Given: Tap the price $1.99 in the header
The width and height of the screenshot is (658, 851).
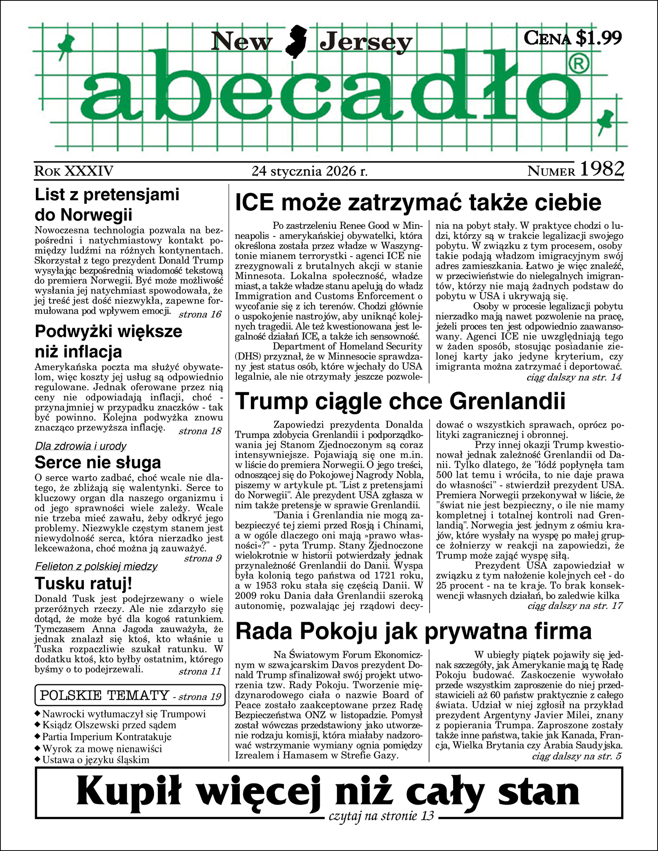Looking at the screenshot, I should click(598, 38).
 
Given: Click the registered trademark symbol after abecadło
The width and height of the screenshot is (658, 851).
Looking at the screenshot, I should click(579, 65).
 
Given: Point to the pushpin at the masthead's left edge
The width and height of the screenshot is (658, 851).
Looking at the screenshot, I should click(67, 44).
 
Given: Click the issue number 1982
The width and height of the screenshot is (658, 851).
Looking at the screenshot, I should click(601, 169).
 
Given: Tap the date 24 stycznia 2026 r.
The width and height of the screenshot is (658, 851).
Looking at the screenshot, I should click(310, 171).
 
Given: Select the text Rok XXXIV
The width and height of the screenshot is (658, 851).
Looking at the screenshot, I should click(74, 171).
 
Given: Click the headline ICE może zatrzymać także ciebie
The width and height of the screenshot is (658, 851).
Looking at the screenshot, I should click(418, 203).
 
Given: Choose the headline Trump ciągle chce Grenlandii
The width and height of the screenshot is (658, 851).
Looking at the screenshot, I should click(400, 401).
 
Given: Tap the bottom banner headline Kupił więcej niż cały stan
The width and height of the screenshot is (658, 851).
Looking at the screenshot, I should click(328, 790).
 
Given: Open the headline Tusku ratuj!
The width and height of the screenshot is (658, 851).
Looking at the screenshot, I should click(83, 584).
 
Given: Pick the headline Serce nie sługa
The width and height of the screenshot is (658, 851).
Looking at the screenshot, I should click(98, 462).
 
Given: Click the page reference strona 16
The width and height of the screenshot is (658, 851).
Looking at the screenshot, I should click(200, 314).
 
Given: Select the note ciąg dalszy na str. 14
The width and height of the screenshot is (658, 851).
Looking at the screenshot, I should click(574, 377).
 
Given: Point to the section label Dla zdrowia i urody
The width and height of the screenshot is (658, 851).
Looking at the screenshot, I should click(81, 446).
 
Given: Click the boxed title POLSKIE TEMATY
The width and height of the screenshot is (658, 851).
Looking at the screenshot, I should click(104, 695).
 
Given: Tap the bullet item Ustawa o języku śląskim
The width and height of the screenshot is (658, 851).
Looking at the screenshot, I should click(96, 760).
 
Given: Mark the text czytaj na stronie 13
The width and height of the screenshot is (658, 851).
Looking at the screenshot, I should click(381, 816).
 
